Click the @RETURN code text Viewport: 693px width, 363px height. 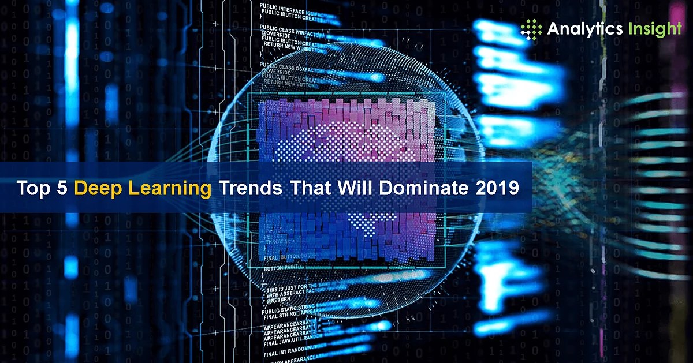pyautogui.click(x=280, y=301)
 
